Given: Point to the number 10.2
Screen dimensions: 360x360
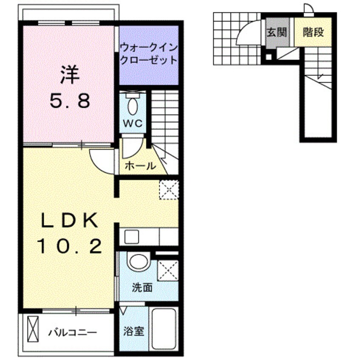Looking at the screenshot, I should [x=70, y=246].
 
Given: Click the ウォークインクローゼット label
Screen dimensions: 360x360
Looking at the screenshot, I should [x=148, y=53].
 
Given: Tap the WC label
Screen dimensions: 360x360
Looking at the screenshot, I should [x=132, y=123].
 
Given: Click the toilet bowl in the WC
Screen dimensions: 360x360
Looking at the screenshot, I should [x=132, y=104].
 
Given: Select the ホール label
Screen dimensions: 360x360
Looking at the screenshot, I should [x=140, y=166].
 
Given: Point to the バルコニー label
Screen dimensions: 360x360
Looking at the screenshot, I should [x=72, y=332].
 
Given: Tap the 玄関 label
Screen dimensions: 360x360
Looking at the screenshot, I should [x=276, y=33].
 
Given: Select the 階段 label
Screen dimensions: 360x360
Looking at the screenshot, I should [x=314, y=32].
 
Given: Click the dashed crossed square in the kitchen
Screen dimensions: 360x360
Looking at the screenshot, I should [x=169, y=189].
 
